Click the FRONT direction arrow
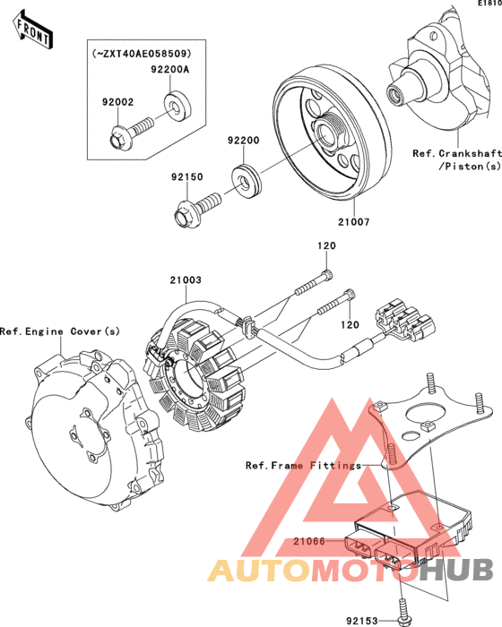coord(33,30)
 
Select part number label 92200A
coord(170,69)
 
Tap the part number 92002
coord(117,102)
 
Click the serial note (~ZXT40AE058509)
coord(142,53)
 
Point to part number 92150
coord(187,176)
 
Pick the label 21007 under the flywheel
coord(354,221)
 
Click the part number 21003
coord(186,279)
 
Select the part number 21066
coord(309,541)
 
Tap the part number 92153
coord(362,620)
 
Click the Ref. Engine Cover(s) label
coord(60,331)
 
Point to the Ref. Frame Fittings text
coord(304,466)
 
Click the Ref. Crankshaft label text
coord(457,153)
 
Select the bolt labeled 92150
coord(196,209)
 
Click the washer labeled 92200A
coord(177,106)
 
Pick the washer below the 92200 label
coord(247,180)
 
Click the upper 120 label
coord(326,245)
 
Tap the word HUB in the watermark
coord(458,570)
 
